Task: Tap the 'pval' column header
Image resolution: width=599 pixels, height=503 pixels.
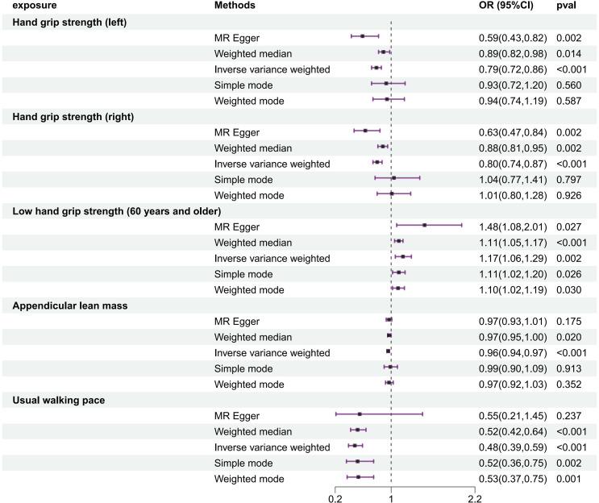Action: coord(567,6)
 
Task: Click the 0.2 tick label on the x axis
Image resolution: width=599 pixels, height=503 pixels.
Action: coord(335,497)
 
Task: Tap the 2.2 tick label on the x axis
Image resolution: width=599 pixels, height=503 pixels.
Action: coord(475,497)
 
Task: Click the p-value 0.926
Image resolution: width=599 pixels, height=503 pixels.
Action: coord(569,195)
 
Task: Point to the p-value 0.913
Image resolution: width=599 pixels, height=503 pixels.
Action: coord(569,368)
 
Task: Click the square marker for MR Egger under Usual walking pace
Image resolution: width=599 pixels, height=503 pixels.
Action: coord(360,415)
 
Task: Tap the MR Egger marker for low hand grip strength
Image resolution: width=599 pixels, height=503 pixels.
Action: coord(424,227)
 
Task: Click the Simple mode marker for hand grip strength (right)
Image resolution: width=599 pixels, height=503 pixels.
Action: coord(393,179)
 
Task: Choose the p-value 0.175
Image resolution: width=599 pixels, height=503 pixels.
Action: coord(569,321)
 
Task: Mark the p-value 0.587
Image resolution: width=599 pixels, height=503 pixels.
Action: coord(569,101)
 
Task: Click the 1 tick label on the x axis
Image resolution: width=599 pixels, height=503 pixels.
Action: coord(391,497)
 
